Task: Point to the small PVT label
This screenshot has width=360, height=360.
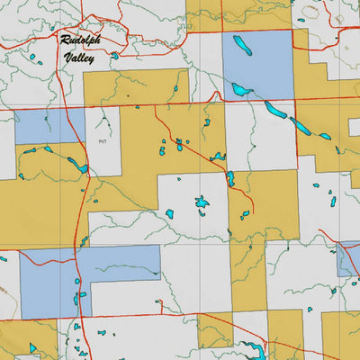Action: pyautogui.click(x=102, y=141)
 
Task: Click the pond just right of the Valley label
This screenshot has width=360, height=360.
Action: pyautogui.click(x=114, y=56)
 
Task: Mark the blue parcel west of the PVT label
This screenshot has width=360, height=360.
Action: pyautogui.click(x=49, y=126)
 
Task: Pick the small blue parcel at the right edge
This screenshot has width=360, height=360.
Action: pyautogui.click(x=348, y=259)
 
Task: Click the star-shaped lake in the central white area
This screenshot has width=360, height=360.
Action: pyautogui.click(x=202, y=206)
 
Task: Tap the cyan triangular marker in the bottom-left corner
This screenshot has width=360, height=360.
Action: pyautogui.click(x=33, y=347)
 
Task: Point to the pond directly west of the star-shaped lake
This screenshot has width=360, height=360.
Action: pyautogui.click(x=169, y=214)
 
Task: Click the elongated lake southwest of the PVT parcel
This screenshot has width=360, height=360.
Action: pyautogui.click(x=77, y=166)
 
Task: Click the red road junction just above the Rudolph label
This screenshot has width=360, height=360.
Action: pyautogui.click(x=82, y=18)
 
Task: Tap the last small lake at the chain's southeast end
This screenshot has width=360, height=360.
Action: pyautogui.click(x=324, y=136)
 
